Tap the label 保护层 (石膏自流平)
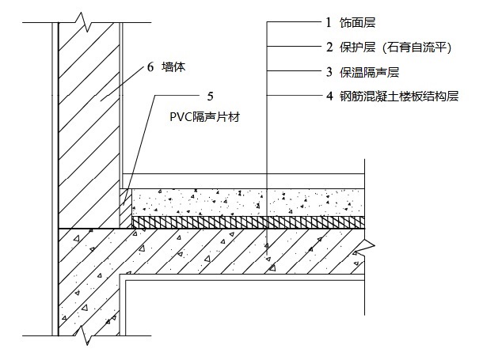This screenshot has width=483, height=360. (378, 48)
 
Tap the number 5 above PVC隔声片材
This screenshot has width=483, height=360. (209, 97)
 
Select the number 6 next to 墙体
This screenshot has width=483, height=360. (150, 69)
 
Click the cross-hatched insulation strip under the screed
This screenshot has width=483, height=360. (245, 222)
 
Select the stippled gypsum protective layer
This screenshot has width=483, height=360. (245, 202)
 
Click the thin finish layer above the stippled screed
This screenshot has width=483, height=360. (245, 181)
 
